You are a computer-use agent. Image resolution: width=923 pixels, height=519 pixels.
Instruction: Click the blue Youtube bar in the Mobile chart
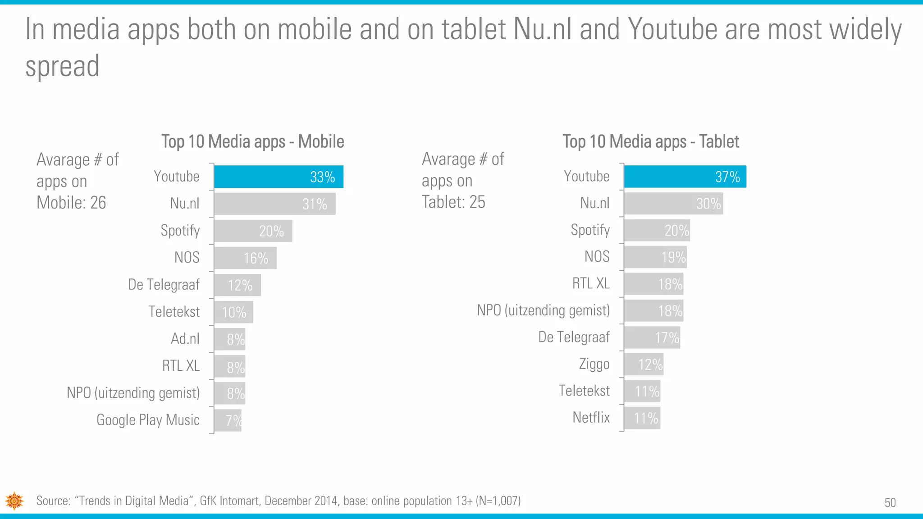[x=278, y=177]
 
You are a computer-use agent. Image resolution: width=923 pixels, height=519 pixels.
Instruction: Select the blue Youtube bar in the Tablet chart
[x=685, y=177]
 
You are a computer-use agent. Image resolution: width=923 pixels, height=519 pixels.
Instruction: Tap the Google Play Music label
[x=148, y=420]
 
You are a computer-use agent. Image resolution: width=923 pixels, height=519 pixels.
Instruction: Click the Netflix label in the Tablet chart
[x=591, y=418]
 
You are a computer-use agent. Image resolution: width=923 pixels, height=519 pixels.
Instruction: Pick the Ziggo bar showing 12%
[x=644, y=364]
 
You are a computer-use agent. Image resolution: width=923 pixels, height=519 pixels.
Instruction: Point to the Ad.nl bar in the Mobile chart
[x=229, y=339]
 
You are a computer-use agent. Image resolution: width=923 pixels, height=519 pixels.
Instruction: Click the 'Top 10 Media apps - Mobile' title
[x=253, y=141]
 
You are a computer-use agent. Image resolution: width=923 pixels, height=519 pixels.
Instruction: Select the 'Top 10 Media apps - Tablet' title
[x=651, y=141]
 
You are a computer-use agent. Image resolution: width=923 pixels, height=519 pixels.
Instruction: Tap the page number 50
[x=890, y=502]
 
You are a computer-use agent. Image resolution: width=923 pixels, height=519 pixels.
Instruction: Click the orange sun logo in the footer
[x=14, y=501]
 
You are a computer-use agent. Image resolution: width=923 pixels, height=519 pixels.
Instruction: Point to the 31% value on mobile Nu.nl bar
[x=315, y=204]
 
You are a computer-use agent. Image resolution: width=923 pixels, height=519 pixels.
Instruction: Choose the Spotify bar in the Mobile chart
[x=253, y=231]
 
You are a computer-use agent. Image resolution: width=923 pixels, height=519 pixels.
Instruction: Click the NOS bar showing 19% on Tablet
[x=655, y=257]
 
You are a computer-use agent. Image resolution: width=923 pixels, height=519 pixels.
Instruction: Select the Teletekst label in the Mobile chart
[x=174, y=312]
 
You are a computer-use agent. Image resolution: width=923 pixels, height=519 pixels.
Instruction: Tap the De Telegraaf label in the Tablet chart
[x=574, y=337]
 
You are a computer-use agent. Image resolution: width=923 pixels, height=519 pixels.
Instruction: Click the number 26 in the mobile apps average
[x=98, y=203]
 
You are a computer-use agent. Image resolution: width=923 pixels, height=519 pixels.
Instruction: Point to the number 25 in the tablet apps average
[x=477, y=202]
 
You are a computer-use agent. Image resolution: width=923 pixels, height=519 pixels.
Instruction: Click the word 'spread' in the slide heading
[x=62, y=66]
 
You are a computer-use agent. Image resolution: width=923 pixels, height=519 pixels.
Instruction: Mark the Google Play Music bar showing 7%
[x=228, y=420]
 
